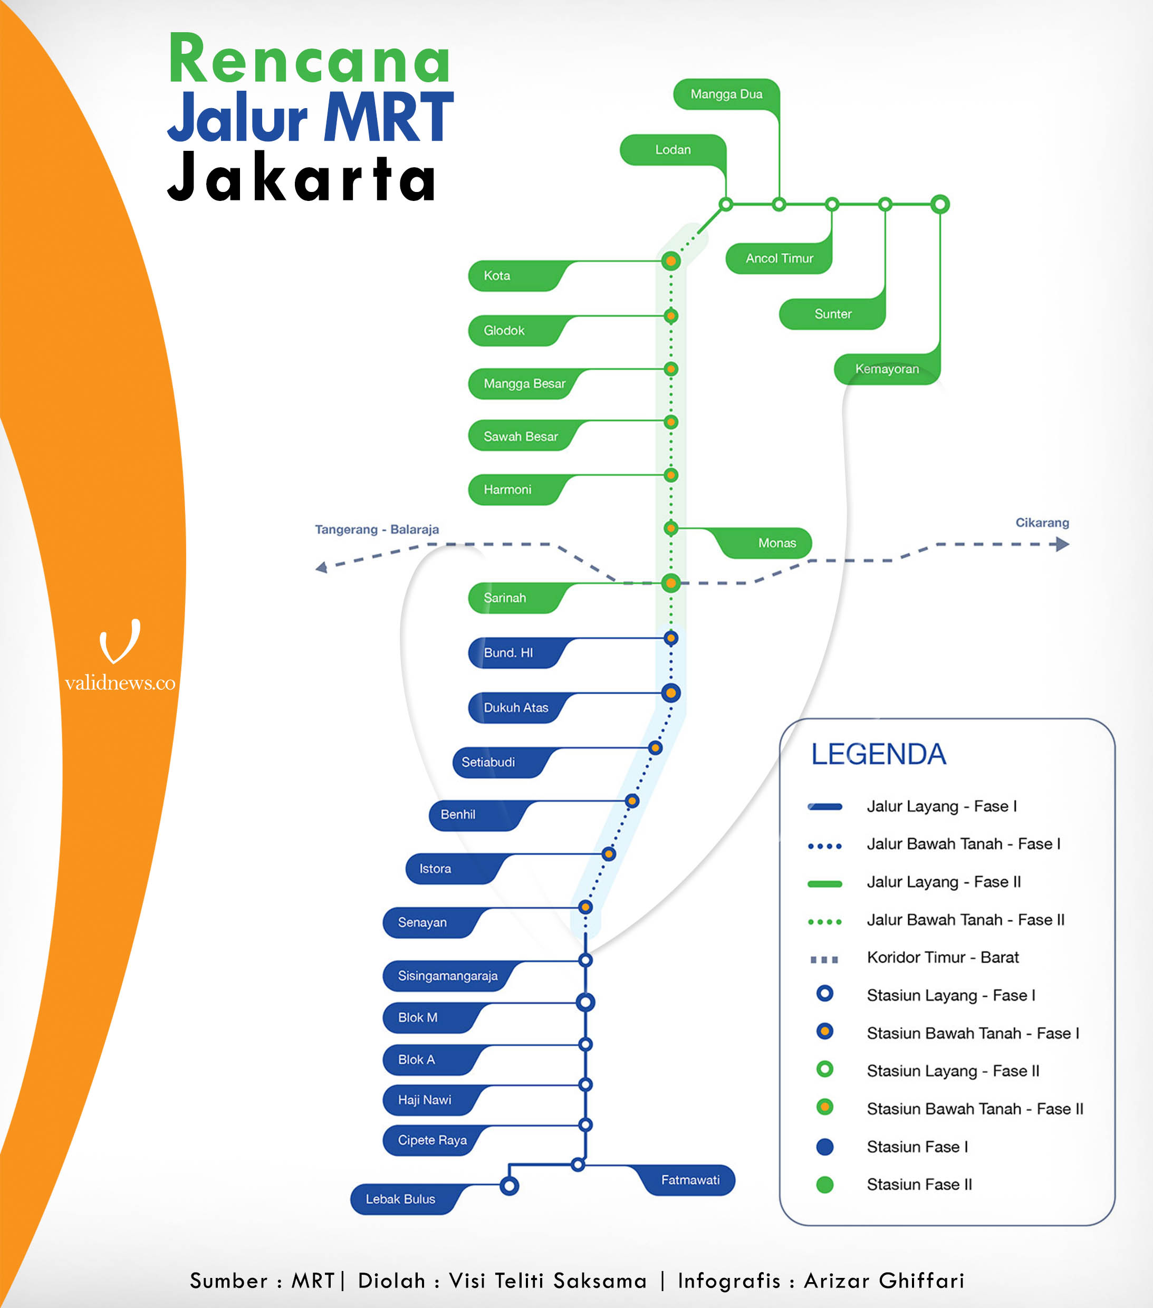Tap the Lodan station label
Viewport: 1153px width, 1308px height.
coord(672,150)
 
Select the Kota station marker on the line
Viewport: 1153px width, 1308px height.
coord(670,261)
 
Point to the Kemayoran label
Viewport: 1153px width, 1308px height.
coord(887,369)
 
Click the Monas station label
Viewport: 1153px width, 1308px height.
coord(777,543)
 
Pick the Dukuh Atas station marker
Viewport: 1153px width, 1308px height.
coord(670,693)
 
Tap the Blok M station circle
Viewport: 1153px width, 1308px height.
coord(585,1002)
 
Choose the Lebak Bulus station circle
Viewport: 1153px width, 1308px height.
coord(510,1186)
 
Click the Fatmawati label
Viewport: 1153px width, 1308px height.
coord(690,1180)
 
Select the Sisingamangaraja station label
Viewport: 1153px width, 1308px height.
coord(447,976)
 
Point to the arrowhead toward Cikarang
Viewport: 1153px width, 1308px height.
coord(1062,545)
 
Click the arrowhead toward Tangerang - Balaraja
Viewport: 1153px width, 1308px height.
coord(322,567)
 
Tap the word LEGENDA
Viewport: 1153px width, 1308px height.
coord(879,754)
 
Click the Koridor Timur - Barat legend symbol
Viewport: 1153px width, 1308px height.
coord(824,959)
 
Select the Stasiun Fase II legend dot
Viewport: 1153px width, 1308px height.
coord(825,1185)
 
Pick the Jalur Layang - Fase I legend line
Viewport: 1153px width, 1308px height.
coord(825,806)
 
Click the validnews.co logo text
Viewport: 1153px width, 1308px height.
coord(120,683)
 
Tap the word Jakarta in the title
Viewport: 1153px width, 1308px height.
coord(302,179)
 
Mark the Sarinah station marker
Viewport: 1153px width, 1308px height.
coord(670,583)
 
